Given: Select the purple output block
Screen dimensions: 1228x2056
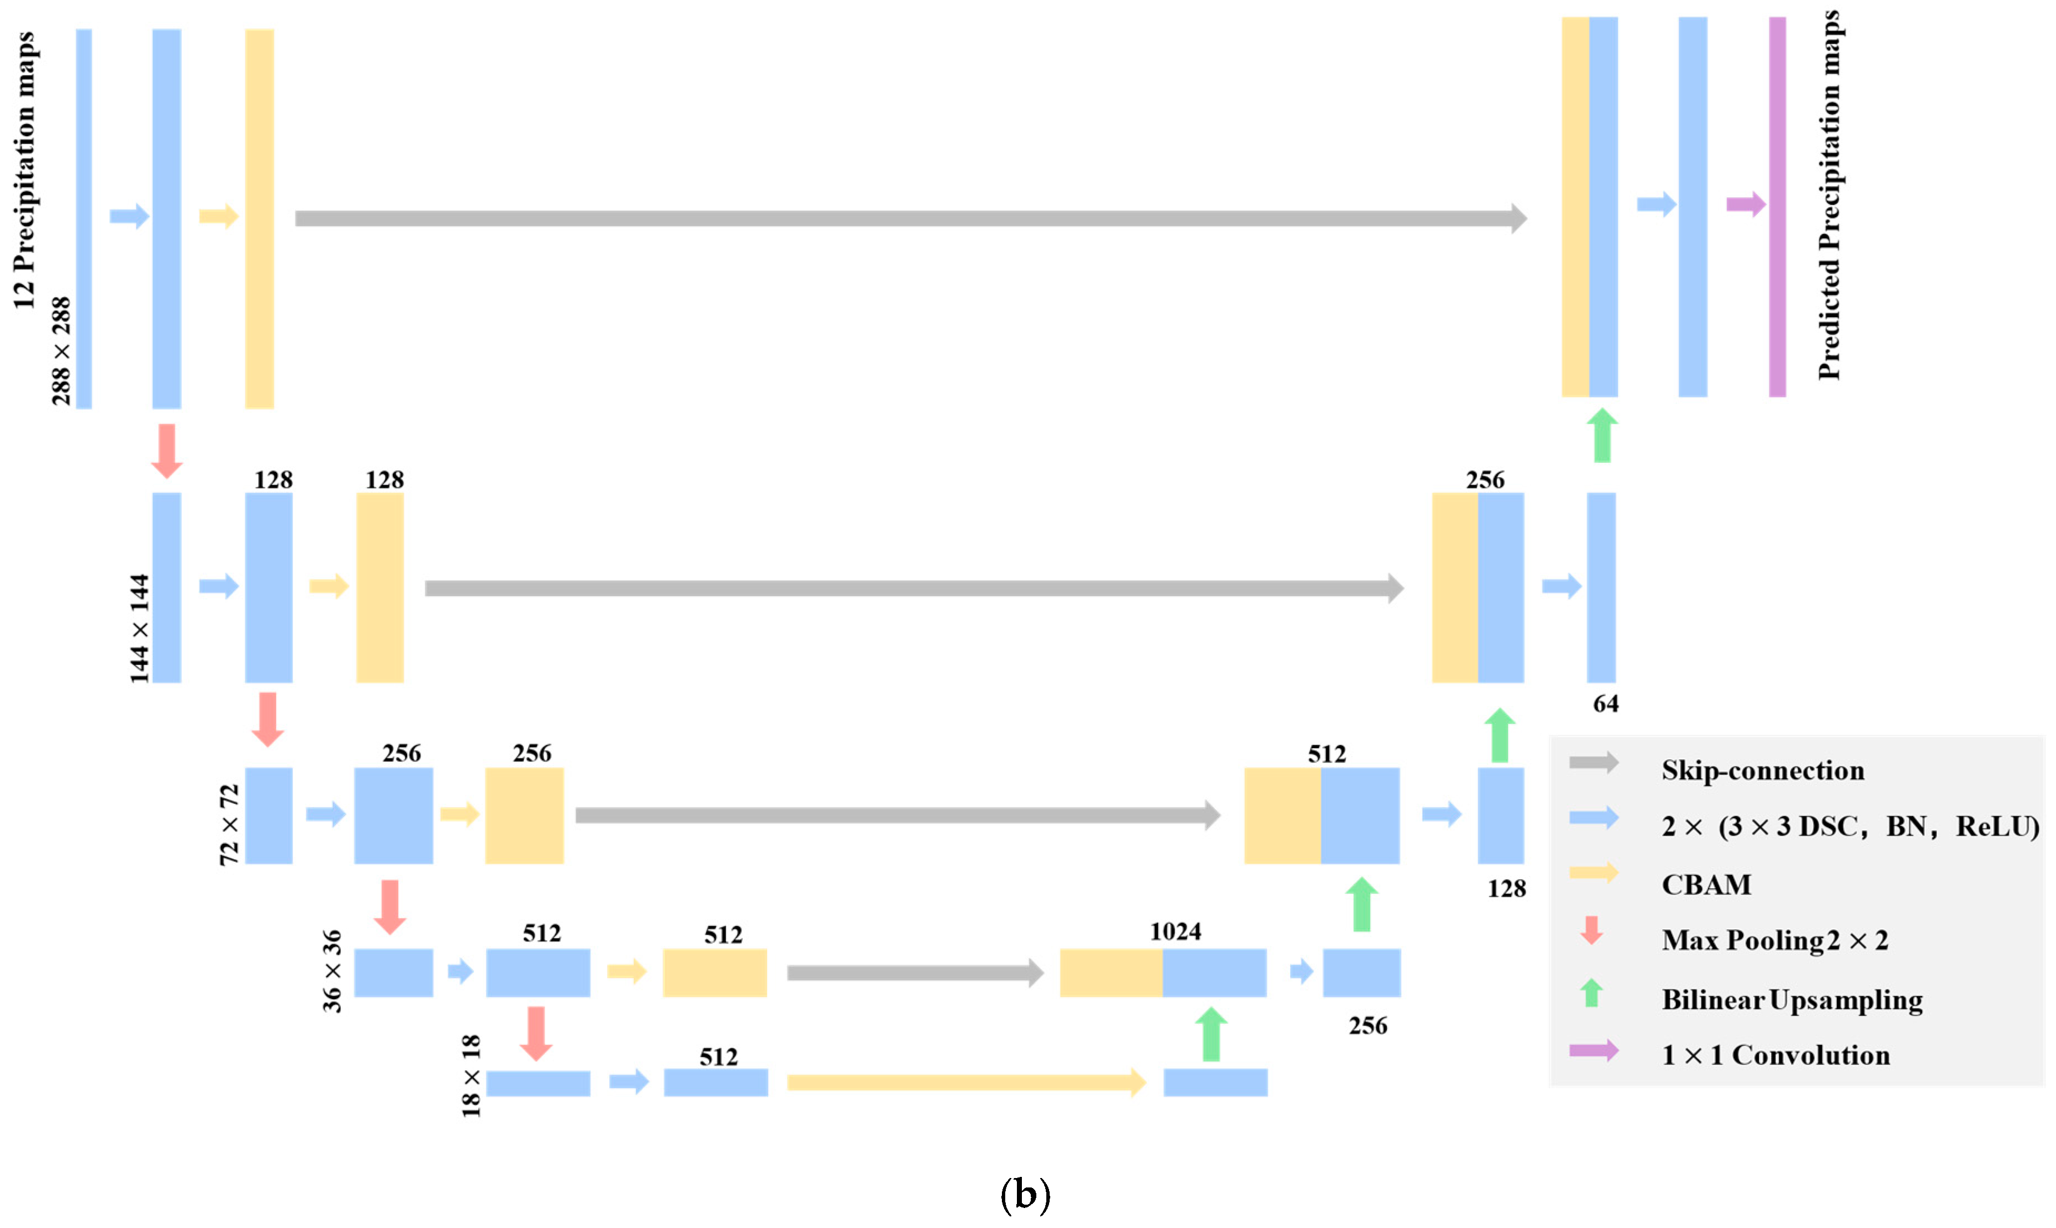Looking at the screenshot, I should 1777,207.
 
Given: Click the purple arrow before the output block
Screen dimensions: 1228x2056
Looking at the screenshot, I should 1746,204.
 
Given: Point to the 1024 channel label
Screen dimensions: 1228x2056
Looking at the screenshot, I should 1175,932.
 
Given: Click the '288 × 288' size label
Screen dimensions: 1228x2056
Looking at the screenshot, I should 61,351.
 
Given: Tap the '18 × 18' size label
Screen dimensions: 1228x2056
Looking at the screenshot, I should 471,1076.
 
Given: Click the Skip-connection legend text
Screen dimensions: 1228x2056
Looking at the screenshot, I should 1762,770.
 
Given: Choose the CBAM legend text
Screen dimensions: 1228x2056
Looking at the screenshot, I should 1706,885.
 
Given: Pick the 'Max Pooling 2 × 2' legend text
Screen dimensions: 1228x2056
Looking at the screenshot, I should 1774,940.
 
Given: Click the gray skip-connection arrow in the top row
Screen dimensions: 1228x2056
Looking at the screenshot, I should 910,218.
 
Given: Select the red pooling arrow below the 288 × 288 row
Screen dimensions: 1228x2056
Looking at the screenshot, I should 166,451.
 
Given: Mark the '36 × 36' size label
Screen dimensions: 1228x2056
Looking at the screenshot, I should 332,971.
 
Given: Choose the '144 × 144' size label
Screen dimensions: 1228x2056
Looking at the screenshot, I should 139,629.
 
